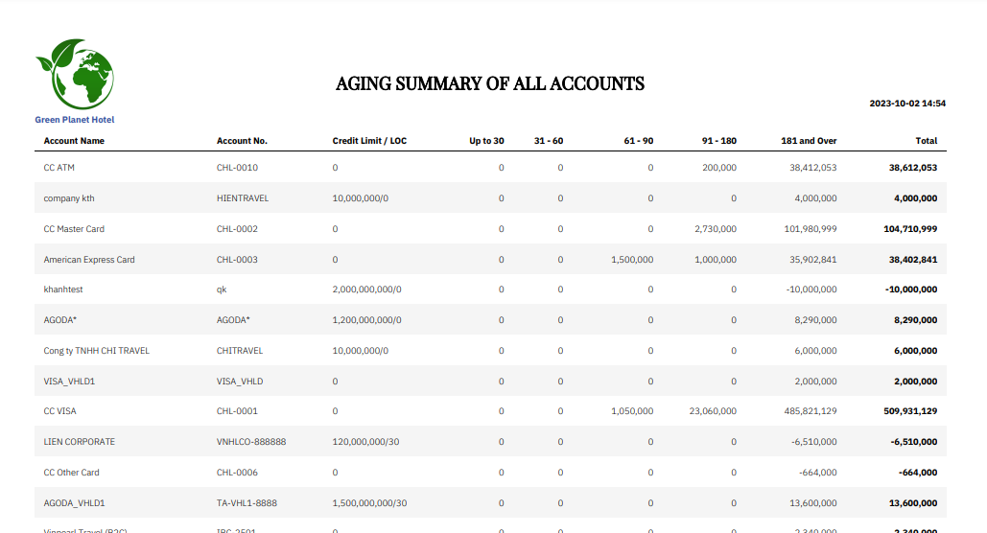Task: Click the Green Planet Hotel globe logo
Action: [x=75, y=75]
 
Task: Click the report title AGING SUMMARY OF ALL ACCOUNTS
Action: [x=489, y=83]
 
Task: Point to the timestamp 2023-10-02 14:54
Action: [x=907, y=104]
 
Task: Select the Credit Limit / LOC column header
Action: [x=369, y=141]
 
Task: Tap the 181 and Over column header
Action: [x=809, y=141]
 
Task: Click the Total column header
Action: [x=926, y=141]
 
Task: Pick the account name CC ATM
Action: [x=59, y=168]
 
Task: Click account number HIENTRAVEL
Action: [x=243, y=198]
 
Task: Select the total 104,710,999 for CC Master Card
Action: [x=910, y=229]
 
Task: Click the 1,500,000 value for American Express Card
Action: [x=632, y=260]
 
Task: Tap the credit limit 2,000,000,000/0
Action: [x=366, y=290]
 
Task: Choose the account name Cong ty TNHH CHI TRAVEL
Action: [x=96, y=351]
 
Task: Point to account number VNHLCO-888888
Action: [x=251, y=442]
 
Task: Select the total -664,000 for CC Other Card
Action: [x=918, y=473]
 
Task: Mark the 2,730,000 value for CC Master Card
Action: [x=715, y=229]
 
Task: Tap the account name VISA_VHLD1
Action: [x=69, y=382]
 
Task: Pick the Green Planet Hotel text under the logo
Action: [x=75, y=120]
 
